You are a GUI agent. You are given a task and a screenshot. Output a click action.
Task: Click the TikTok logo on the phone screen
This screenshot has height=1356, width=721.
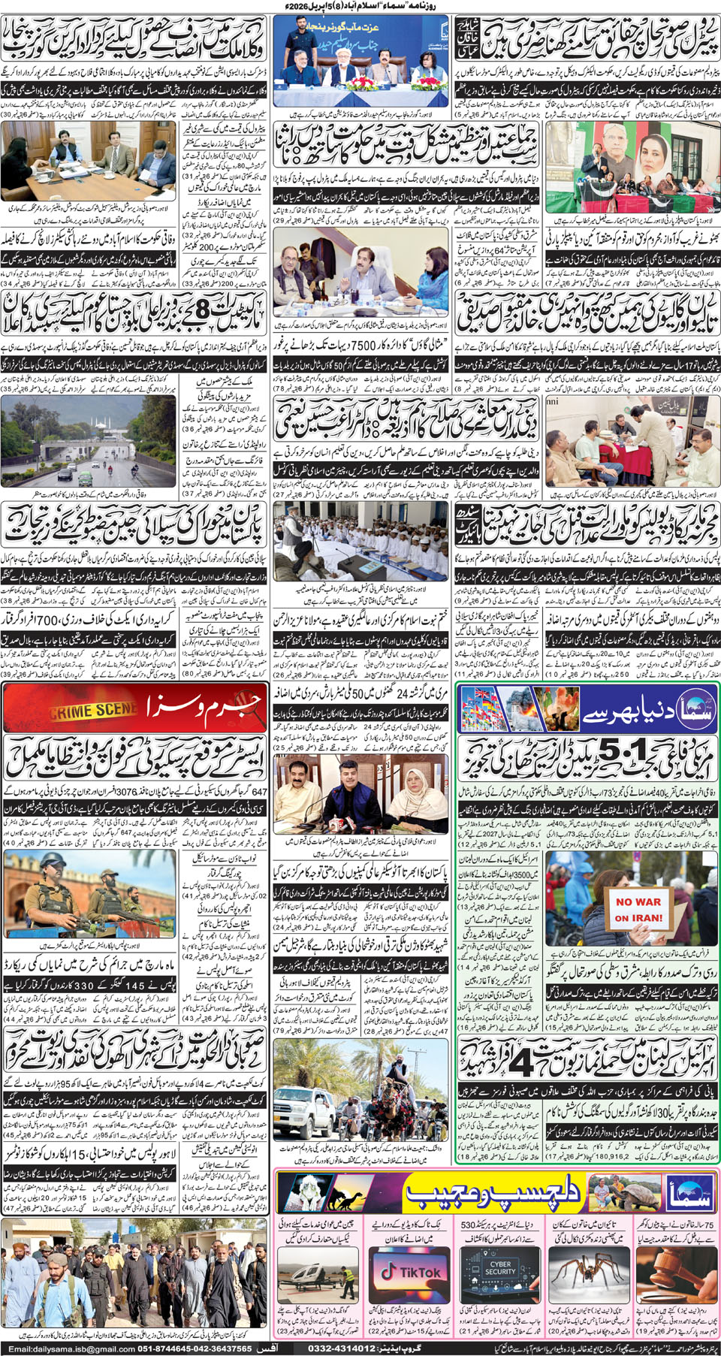pos(409,1272)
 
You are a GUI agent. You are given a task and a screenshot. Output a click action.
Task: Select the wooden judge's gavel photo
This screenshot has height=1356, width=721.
pos(675,1270)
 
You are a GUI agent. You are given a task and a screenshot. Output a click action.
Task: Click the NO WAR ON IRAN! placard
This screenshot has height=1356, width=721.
pos(638,910)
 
